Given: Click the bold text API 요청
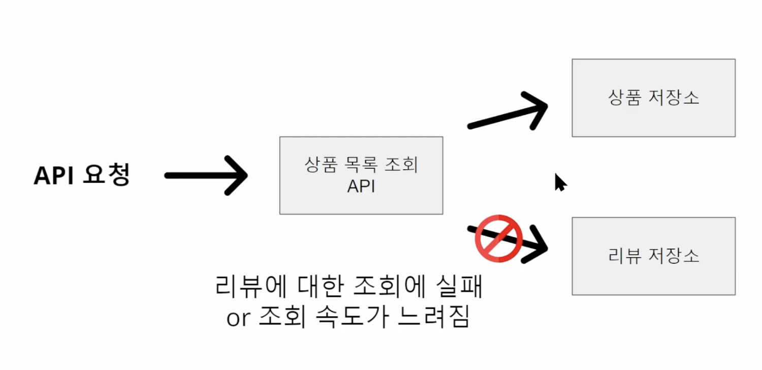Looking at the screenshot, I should pos(82,176).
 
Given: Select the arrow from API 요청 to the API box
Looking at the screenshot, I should pos(206,176).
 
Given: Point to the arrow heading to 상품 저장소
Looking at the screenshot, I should pos(508,114).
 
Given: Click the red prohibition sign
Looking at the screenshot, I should pos(499,239).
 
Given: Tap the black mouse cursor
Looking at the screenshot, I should pos(559,182).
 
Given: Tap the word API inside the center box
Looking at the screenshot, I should pos(361,187).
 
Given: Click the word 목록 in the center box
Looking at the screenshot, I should pos(361,165).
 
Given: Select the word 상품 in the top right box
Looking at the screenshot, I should pos(624,98).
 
